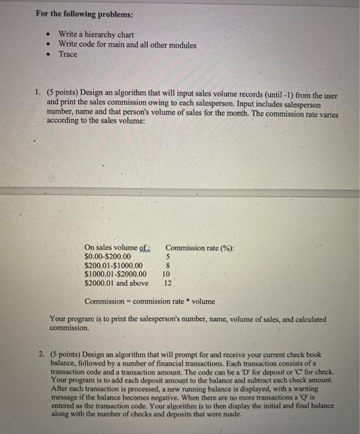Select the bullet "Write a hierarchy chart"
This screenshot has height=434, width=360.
[x=96, y=35]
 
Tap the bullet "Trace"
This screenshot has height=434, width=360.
[x=68, y=55]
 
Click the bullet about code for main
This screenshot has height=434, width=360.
[x=127, y=45]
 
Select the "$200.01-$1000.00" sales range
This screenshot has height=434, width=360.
[x=112, y=265]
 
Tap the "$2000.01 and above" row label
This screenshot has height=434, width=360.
[x=116, y=283]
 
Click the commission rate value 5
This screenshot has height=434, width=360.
[x=167, y=256]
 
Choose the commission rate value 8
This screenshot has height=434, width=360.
[x=167, y=265]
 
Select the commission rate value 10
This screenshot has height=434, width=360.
[x=166, y=274]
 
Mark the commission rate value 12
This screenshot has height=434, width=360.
[x=166, y=283]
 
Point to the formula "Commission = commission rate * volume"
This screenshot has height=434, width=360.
[x=150, y=301]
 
